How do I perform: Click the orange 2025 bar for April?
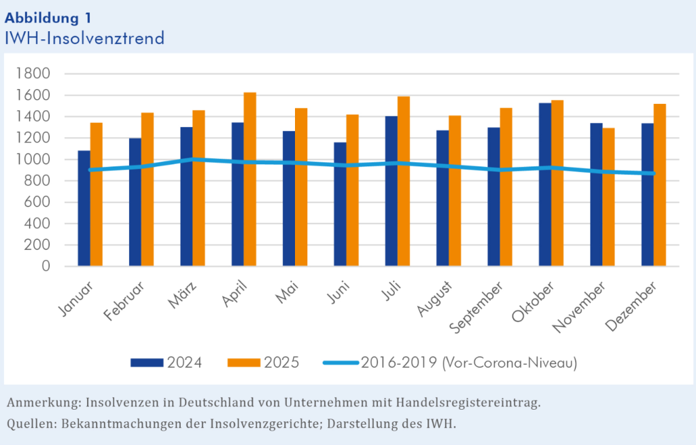250,179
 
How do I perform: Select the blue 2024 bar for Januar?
84,208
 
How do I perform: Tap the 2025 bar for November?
608,232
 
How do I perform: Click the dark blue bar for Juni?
340,204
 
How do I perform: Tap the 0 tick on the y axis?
46,266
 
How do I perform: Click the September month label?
477,310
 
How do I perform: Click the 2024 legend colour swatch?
147,362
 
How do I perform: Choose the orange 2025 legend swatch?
243,362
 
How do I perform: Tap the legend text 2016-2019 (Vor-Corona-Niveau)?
469,362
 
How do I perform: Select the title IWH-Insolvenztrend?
84,38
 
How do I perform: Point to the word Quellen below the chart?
31,424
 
